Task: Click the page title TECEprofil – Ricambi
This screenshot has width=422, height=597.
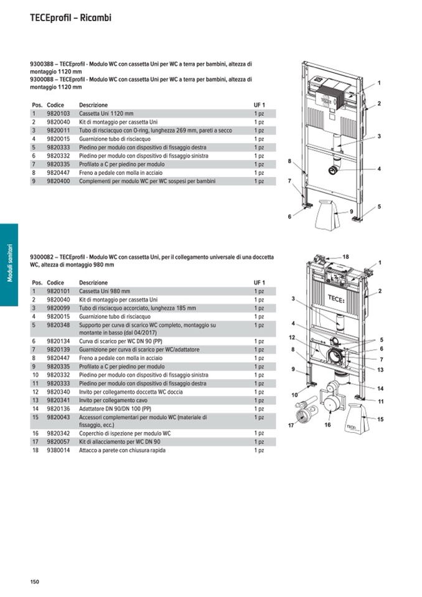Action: pos(70,18)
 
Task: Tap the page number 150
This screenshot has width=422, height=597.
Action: pos(35,581)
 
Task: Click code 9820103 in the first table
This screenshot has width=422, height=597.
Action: pos(59,114)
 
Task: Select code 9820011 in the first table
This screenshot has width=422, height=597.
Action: pos(59,131)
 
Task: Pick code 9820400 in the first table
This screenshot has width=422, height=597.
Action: pos(59,181)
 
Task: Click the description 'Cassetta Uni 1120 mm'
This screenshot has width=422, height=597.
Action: pos(106,114)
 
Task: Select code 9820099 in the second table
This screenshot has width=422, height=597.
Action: pos(59,308)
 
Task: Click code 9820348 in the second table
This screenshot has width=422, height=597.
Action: pos(59,325)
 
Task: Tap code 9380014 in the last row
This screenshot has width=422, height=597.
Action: pos(59,450)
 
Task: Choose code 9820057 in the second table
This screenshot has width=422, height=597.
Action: pos(59,441)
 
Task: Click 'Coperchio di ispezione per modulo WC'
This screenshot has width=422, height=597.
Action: pos(124,433)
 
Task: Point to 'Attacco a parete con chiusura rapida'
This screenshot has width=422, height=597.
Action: pos(122,450)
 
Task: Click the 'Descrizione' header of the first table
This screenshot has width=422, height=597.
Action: pos(93,105)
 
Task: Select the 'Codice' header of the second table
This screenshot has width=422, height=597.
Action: pos(55,283)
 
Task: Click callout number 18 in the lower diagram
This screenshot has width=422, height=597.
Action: pos(345,256)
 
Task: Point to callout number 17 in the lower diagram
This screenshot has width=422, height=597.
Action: pos(290,426)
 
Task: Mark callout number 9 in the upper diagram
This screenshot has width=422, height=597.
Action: pos(351,212)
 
